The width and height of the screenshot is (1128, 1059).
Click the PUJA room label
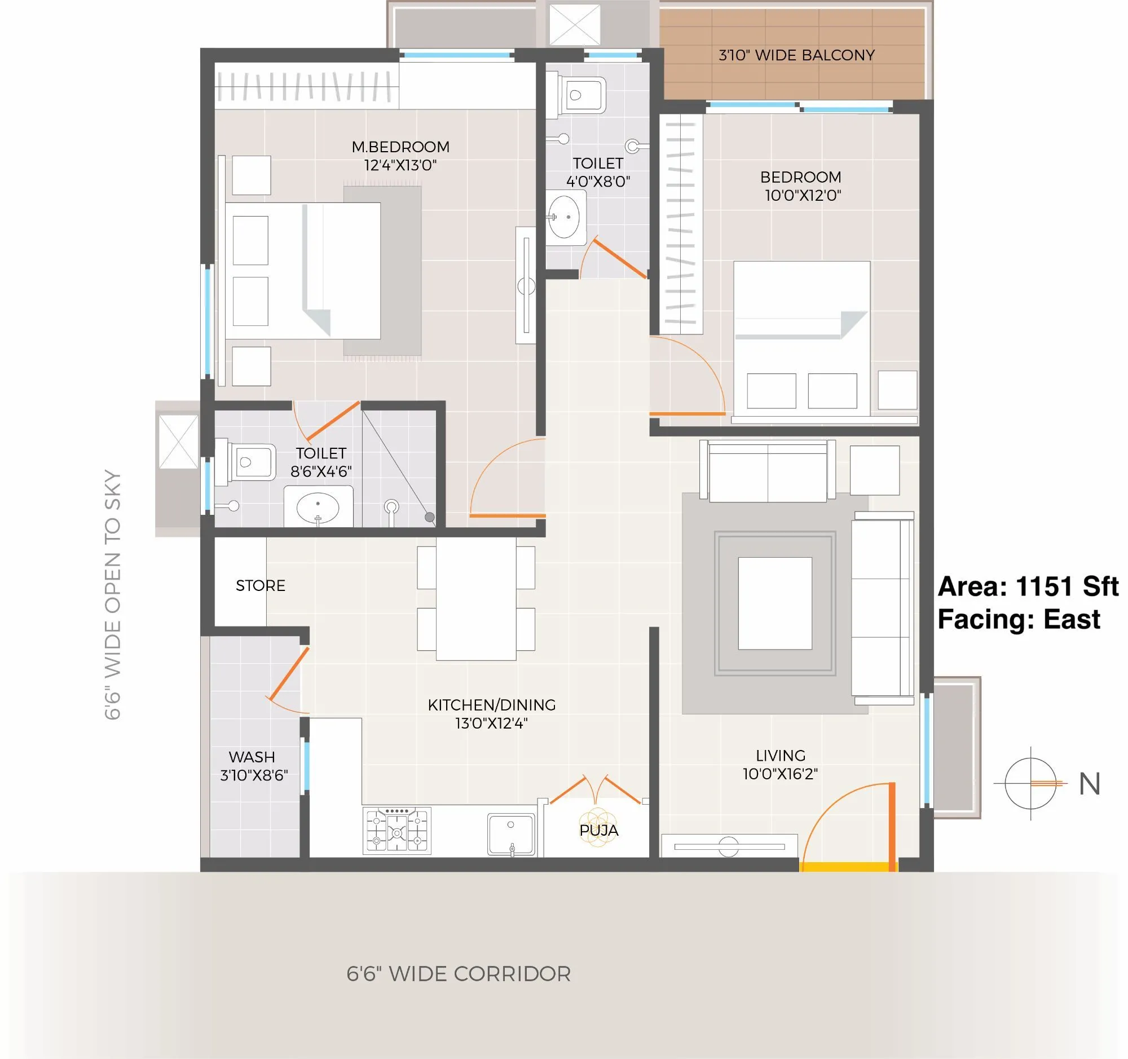(x=598, y=831)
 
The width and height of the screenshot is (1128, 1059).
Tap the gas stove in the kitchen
(x=396, y=832)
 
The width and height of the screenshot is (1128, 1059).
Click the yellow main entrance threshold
(x=848, y=867)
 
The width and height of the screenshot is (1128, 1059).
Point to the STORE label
(x=261, y=585)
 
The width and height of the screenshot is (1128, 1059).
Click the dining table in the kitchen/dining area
(x=475, y=599)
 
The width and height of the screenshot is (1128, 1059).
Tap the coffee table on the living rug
(x=774, y=603)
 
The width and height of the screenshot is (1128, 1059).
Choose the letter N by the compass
(x=1090, y=784)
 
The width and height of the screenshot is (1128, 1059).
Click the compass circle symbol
(x=1030, y=783)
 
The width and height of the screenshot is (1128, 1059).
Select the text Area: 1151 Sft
(x=1027, y=586)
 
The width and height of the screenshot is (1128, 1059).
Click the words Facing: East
(x=1019, y=619)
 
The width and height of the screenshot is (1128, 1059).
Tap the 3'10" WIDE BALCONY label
(x=796, y=55)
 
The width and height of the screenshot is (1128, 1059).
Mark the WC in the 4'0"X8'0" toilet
(x=581, y=95)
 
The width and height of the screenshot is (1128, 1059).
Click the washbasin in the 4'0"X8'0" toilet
(x=565, y=217)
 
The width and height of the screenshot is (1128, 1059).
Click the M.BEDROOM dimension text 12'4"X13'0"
(x=400, y=166)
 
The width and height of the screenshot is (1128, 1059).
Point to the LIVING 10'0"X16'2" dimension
(x=780, y=774)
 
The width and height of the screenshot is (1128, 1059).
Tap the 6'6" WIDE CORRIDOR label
(x=459, y=974)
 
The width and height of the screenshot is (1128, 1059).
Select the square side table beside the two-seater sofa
(x=874, y=470)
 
